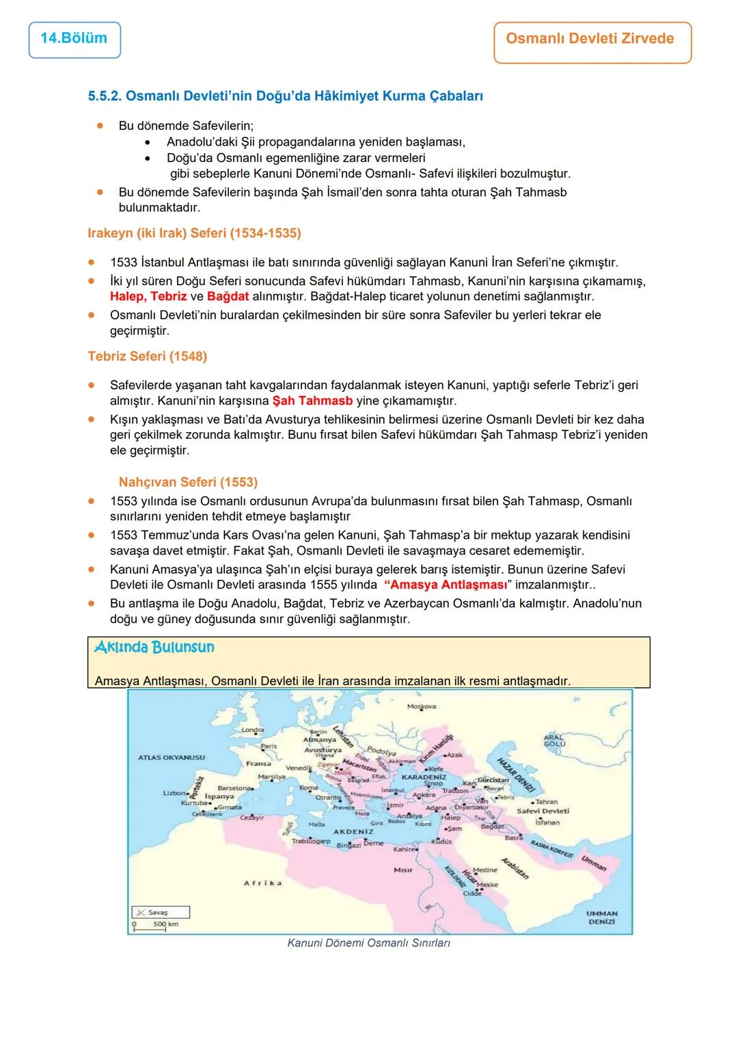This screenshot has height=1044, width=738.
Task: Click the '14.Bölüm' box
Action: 74,39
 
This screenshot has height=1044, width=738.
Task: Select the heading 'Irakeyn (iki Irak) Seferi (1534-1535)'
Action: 194,233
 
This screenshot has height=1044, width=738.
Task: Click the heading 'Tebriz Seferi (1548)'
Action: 147,356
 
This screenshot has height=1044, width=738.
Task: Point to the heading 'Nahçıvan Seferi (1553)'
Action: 188,482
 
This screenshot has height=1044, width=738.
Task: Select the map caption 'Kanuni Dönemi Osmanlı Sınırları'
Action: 368,943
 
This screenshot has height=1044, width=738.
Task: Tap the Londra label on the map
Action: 253,730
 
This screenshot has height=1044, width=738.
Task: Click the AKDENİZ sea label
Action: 353,831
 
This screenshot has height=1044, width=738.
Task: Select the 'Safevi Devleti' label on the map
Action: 543,811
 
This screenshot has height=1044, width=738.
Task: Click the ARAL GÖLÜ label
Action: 554,741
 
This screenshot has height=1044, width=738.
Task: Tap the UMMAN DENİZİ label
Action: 601,917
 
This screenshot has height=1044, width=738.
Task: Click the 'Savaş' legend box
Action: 160,912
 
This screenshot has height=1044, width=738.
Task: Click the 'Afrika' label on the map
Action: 263,883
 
